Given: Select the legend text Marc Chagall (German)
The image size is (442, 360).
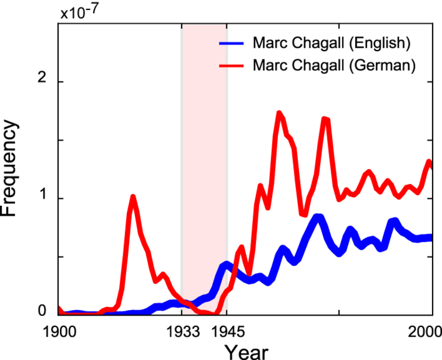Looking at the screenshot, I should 334,65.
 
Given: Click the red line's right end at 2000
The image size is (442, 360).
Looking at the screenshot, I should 430,162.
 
